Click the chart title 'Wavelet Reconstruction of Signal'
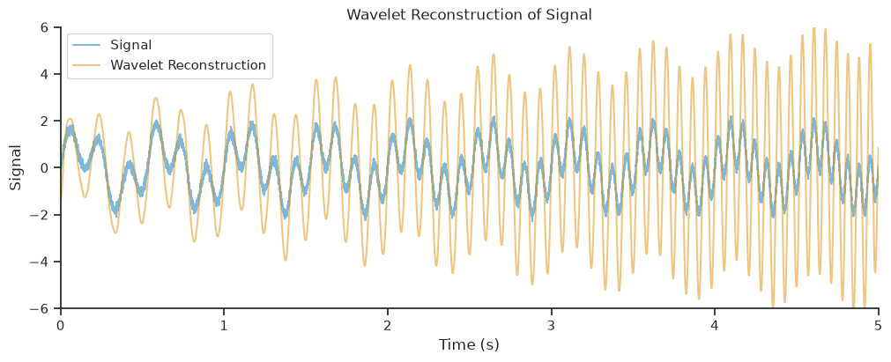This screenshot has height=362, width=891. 470,15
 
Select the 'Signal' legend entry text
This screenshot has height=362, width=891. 130,44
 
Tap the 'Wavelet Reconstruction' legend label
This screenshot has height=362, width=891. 188,65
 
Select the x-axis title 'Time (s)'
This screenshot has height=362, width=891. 469,344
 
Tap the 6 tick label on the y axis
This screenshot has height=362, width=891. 49,27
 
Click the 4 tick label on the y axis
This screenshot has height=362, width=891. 49,75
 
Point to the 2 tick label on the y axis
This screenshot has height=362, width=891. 49,121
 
